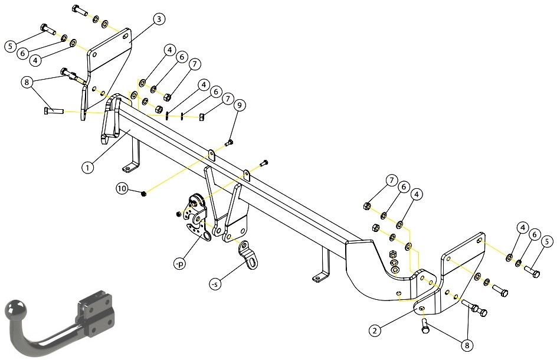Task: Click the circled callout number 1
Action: click(87, 167)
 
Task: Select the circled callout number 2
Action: click(375, 330)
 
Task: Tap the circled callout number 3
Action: click(159, 19)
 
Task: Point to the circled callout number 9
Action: click(240, 105)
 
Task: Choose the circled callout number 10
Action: click(122, 188)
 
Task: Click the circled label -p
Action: click(180, 264)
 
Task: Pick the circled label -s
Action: click(215, 284)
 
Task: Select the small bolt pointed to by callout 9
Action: click(229, 143)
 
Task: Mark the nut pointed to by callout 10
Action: click(144, 194)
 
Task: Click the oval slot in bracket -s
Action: click(252, 263)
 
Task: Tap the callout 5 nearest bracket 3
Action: click(11, 45)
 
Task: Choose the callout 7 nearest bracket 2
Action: click(391, 181)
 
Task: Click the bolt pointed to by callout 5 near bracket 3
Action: click(48, 30)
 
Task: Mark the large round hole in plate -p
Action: click(207, 236)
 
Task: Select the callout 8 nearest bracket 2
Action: click(467, 345)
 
